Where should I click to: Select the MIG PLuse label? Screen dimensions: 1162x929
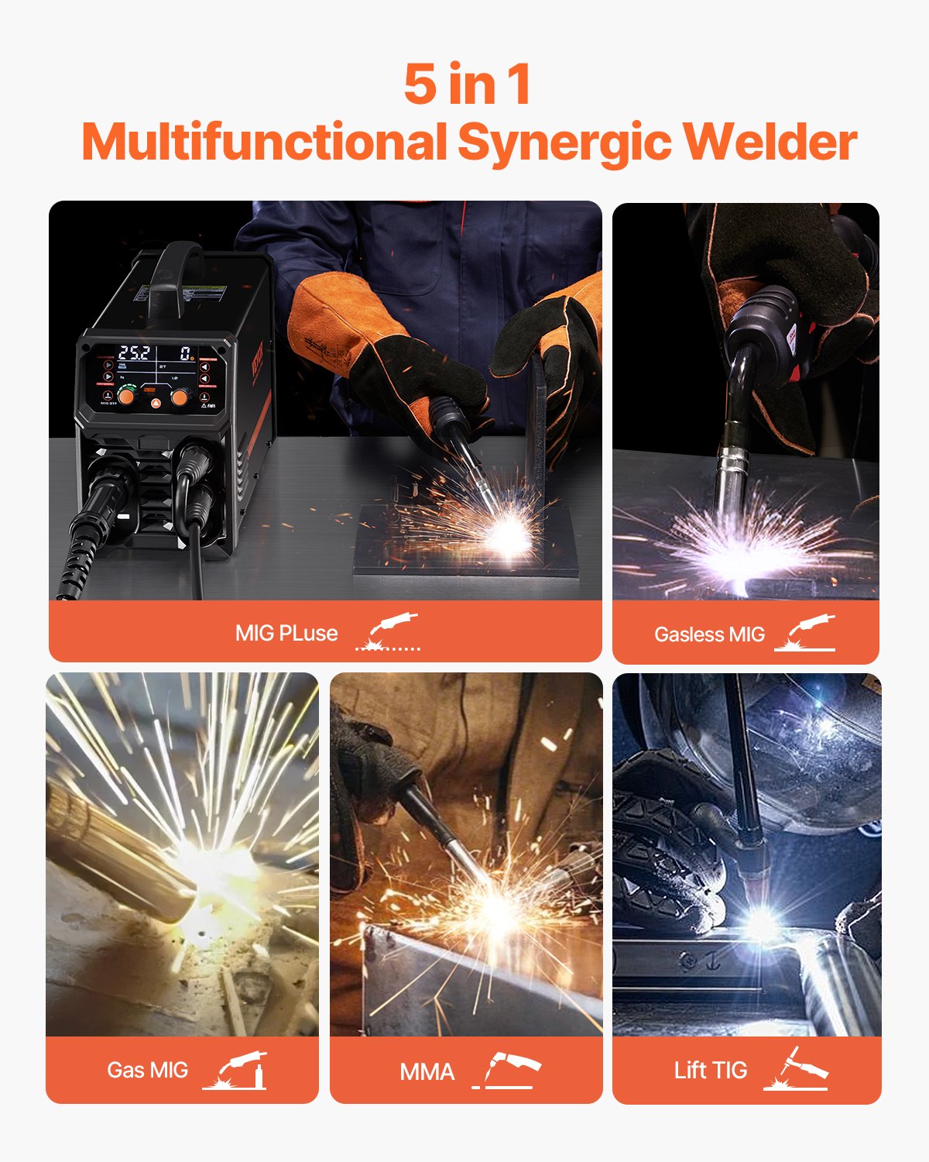pos(286,633)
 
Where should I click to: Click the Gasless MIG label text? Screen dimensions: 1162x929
pos(709,634)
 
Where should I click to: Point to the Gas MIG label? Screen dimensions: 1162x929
pos(147,1070)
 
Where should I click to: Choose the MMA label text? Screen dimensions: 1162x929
pos(427,1072)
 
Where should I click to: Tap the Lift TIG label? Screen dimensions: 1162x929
pos(710,1071)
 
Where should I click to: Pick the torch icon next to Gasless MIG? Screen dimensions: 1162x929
pos(806,633)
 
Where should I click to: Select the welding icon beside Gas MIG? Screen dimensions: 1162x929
pos(235,1071)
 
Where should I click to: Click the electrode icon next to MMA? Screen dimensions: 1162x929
pos(507,1071)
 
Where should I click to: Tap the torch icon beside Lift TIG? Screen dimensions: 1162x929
pos(796,1069)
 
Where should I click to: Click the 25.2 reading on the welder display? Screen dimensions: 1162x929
pos(133,353)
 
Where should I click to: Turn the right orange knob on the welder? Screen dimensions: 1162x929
pos(180,397)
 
